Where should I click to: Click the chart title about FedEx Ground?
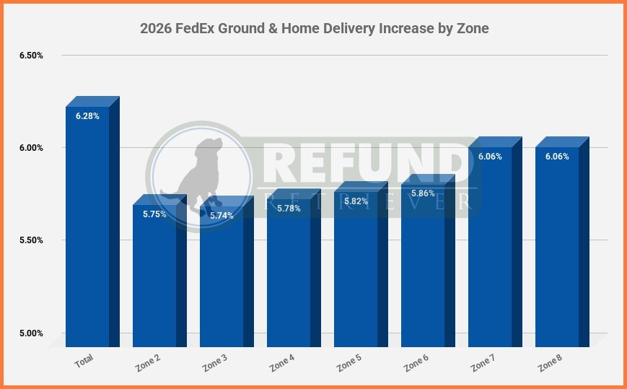[x=314, y=29]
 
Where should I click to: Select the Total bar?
[x=87, y=231]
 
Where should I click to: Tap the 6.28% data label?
[x=87, y=115]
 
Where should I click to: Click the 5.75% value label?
[x=154, y=214]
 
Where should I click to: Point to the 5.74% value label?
[x=222, y=216]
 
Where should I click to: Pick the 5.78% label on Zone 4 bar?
[x=289, y=209]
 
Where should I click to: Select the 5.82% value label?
[x=356, y=201]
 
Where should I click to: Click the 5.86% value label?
[x=423, y=193]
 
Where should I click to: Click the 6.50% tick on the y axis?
[x=31, y=56]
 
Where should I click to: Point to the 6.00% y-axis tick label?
[x=31, y=148]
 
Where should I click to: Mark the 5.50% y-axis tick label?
[x=31, y=240]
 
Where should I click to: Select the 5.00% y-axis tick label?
[x=31, y=333]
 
